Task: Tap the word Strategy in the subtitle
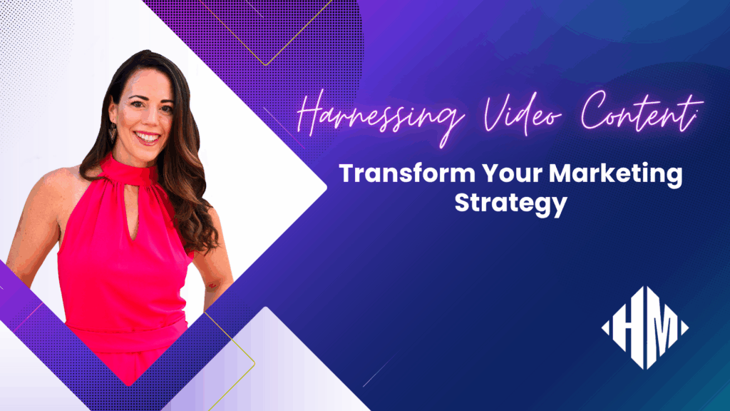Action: (510, 203)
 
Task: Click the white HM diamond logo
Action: (644, 328)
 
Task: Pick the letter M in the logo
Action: (659, 328)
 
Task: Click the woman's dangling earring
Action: (113, 133)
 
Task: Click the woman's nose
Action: (148, 117)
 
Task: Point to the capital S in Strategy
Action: (463, 203)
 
